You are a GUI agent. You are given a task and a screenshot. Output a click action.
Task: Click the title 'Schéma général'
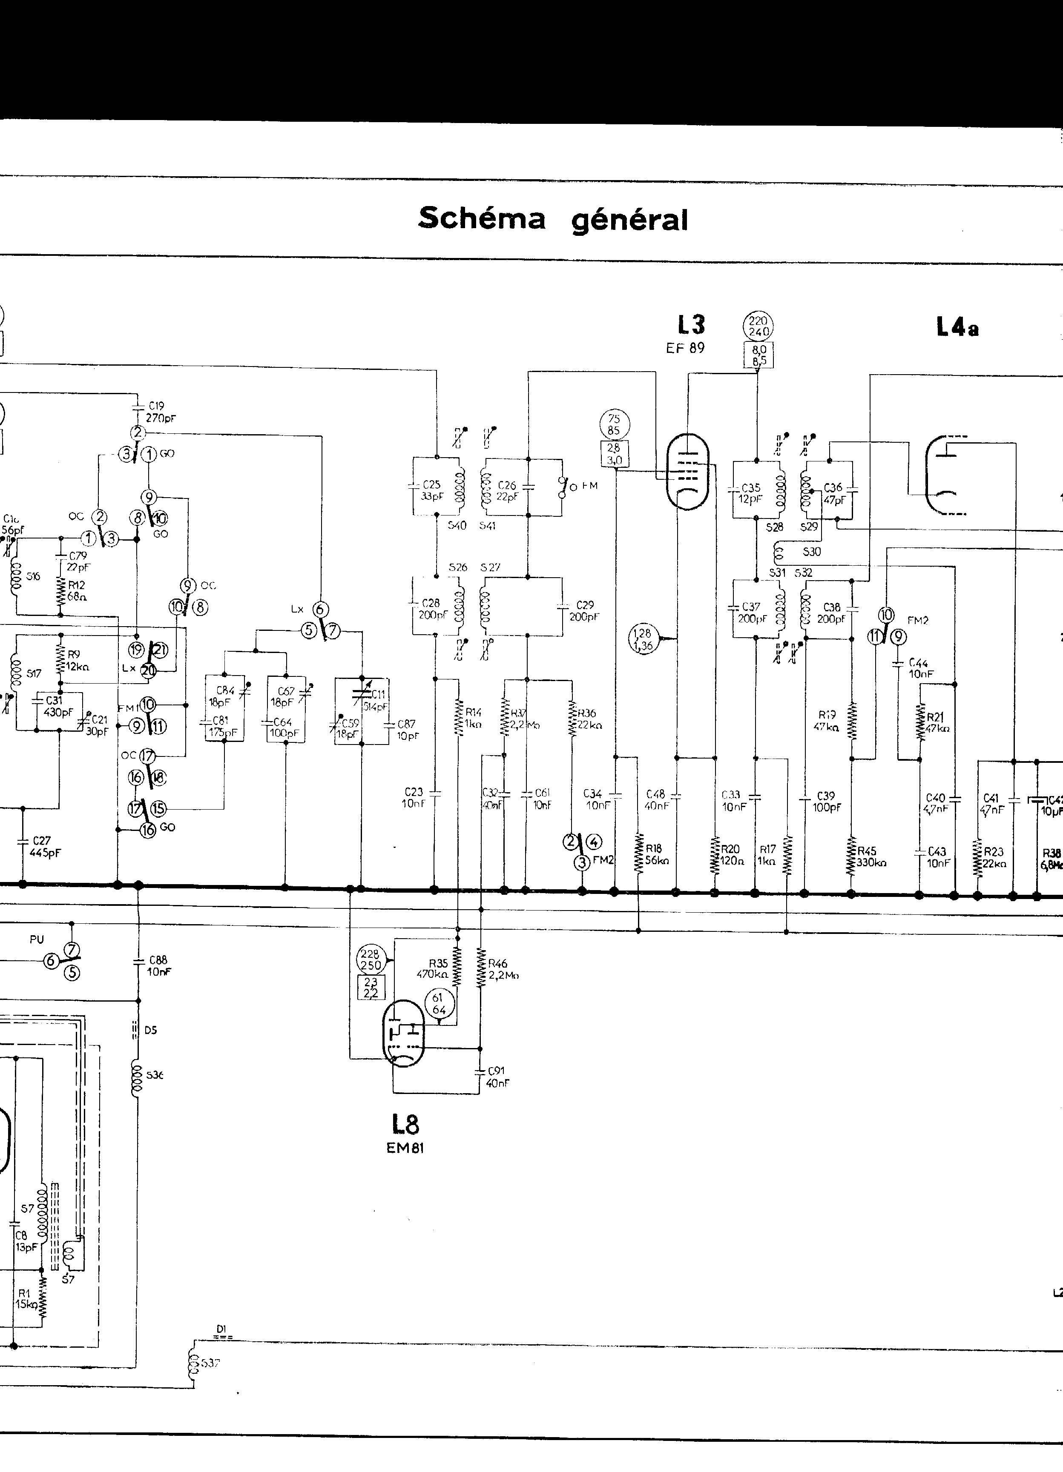(x=553, y=219)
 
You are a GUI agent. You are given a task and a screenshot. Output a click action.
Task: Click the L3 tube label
(x=690, y=324)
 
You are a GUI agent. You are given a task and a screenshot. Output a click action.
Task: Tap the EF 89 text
(x=685, y=348)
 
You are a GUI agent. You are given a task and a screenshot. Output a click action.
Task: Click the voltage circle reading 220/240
(x=758, y=326)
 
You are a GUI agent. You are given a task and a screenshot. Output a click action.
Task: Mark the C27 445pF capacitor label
(x=44, y=847)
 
